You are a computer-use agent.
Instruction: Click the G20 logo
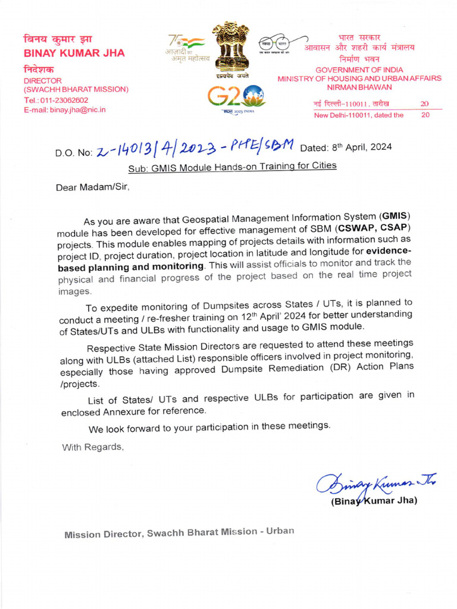(x=236, y=96)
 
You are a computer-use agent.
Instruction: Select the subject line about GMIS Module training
(x=232, y=166)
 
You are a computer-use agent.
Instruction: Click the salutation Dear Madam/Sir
(x=92, y=187)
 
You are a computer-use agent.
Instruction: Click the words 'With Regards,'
(x=93, y=447)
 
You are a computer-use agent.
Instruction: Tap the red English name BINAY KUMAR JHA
(x=74, y=53)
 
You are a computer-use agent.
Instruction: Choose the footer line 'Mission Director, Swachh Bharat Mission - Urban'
(x=179, y=532)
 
